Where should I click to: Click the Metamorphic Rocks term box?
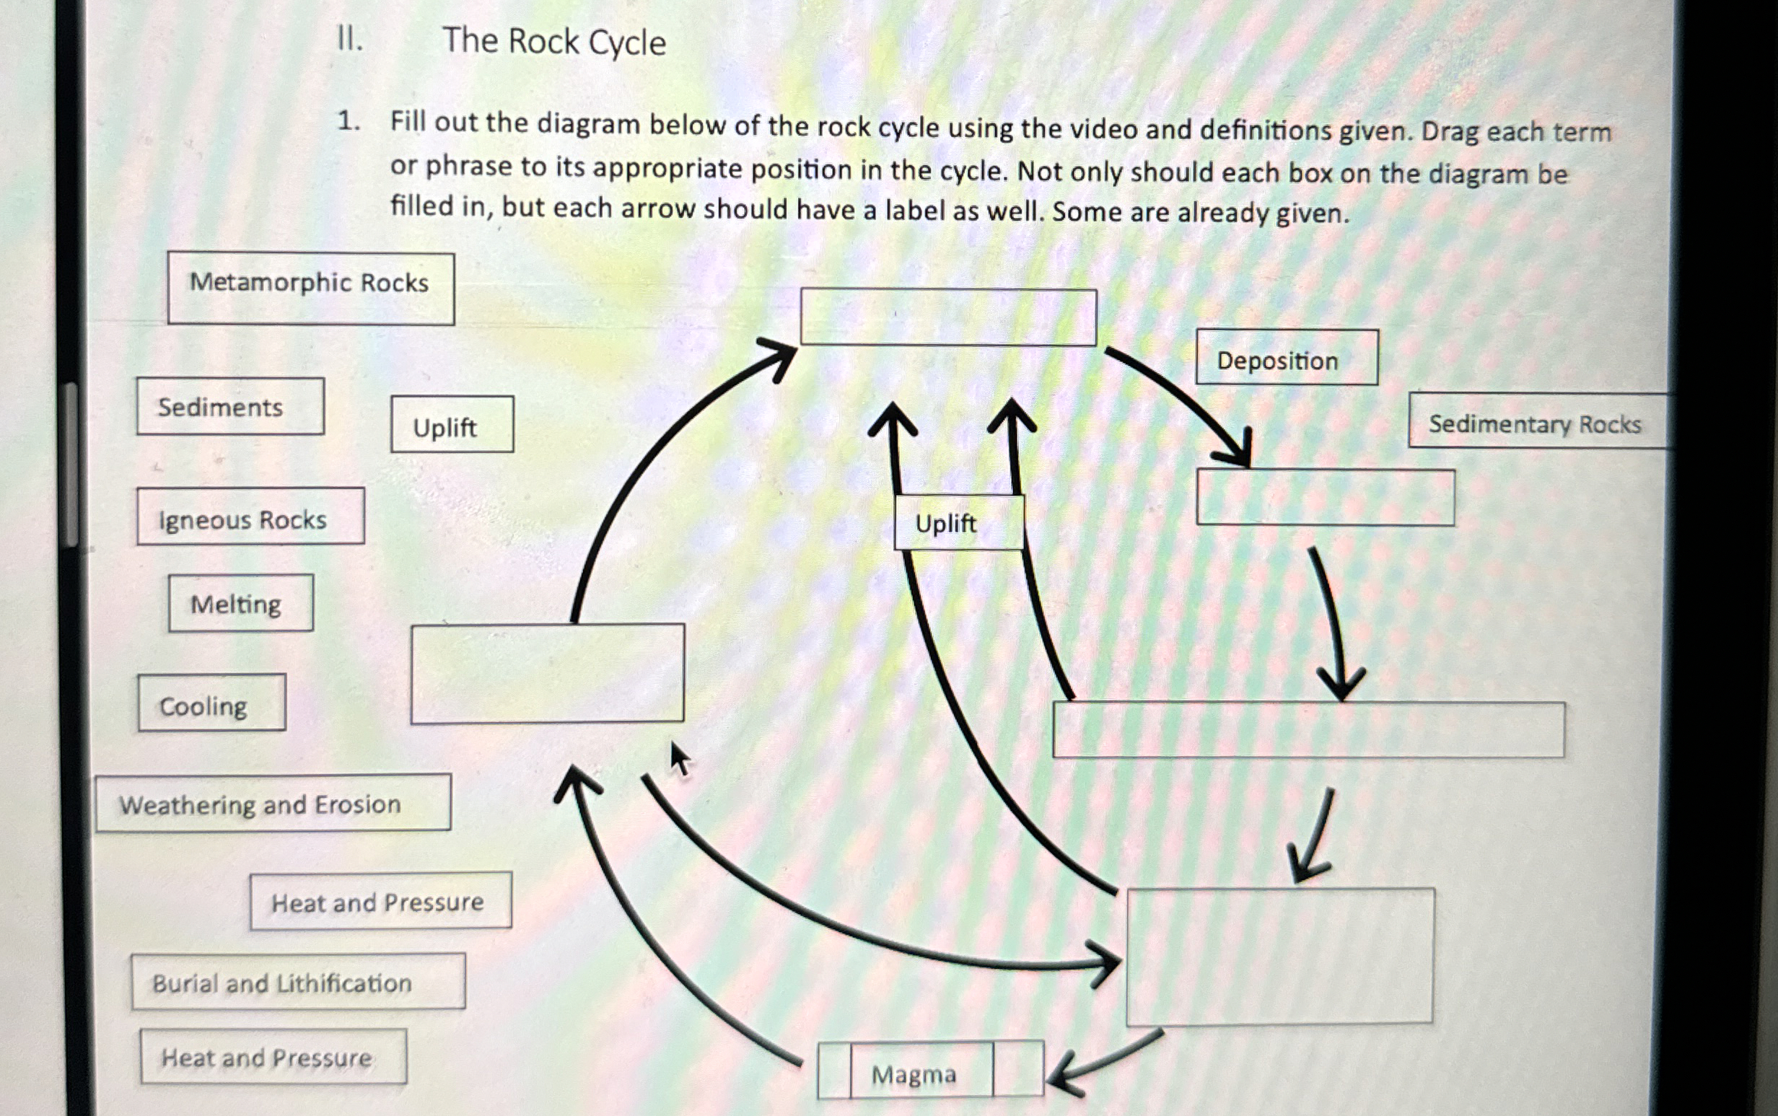(x=310, y=288)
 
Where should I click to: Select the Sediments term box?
(x=229, y=407)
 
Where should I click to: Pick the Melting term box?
(x=240, y=603)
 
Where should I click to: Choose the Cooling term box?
(x=211, y=703)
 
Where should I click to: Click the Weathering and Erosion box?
(x=273, y=803)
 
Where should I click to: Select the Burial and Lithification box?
(x=298, y=982)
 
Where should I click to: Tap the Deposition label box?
(x=1287, y=358)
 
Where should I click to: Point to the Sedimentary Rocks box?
(x=1535, y=422)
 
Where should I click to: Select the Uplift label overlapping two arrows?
(x=958, y=523)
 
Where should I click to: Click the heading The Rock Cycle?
(x=553, y=41)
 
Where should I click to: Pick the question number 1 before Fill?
(x=347, y=121)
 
